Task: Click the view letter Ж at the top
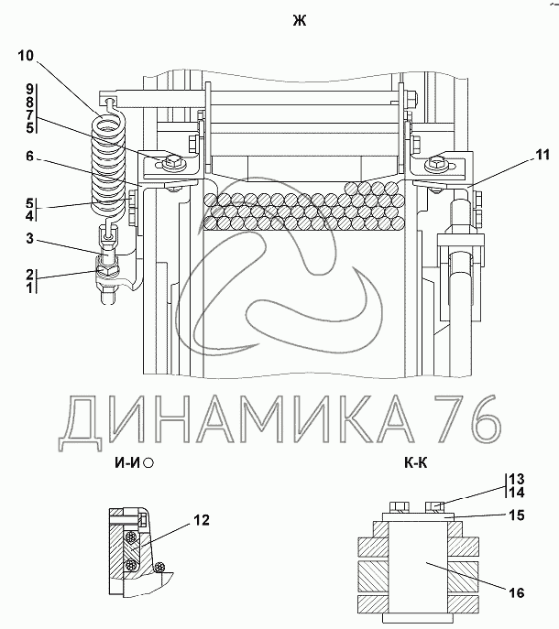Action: point(300,20)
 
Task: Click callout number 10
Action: point(26,55)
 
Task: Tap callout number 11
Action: point(543,155)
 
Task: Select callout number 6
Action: point(29,156)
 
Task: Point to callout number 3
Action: point(29,238)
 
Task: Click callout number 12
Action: point(202,520)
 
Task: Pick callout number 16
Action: point(517,592)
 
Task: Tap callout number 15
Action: point(517,515)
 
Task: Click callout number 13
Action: point(517,479)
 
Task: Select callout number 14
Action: point(517,493)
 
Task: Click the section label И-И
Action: point(126,463)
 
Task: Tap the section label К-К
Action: point(416,463)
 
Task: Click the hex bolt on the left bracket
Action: point(172,162)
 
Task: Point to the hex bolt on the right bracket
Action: point(435,163)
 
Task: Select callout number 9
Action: point(29,90)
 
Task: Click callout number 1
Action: point(29,287)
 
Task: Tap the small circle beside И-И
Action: point(148,463)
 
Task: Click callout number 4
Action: point(29,215)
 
